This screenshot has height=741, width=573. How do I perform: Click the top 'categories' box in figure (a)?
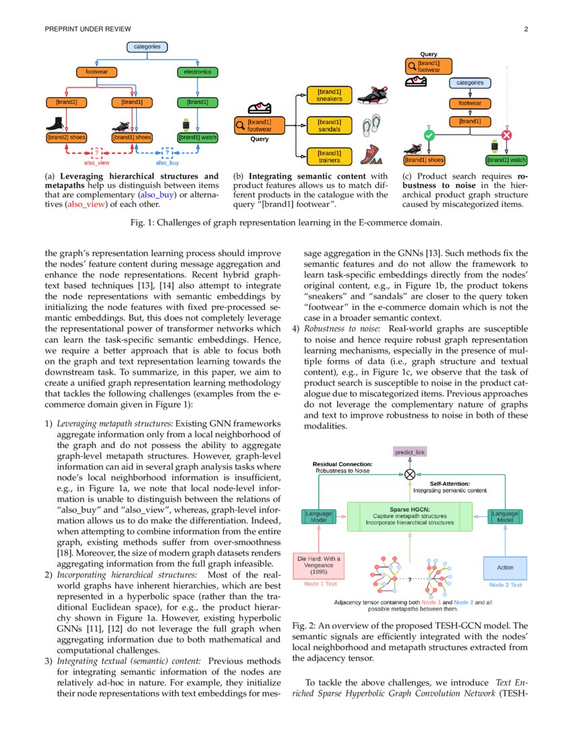pos(147,46)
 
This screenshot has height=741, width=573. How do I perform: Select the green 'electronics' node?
pos(198,71)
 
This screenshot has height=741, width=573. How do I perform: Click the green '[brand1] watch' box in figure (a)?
pos(198,137)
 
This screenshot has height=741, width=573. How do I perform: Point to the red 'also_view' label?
pos(97,163)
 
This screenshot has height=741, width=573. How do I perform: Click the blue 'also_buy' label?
pos(167,163)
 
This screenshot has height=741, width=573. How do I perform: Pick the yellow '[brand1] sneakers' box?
pos(329,95)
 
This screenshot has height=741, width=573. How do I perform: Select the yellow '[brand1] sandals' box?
pos(329,125)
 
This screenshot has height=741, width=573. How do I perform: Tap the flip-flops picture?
pos(371,125)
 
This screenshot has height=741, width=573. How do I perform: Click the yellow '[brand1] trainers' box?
pos(329,156)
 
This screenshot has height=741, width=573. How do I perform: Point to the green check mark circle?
pos(428,135)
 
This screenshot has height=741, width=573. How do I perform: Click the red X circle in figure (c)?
pos(507,135)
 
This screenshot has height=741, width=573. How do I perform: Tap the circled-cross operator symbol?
pos(410,474)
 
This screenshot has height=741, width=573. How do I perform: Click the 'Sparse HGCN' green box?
pos(410,516)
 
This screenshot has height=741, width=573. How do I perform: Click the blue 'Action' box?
pos(505,567)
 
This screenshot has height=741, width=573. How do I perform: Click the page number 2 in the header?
pos(526,29)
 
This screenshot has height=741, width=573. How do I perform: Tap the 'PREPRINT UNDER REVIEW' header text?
pos(88,29)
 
